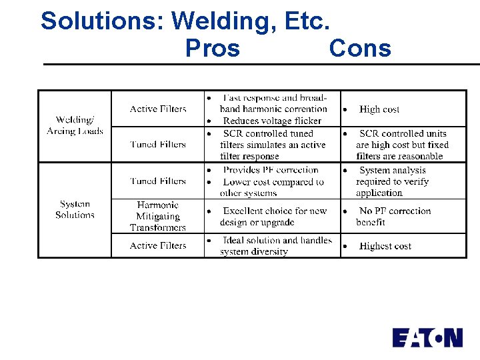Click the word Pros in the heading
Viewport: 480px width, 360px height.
212,48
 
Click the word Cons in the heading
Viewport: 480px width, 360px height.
360,48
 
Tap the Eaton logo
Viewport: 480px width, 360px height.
427,337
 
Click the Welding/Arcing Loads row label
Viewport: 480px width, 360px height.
75,125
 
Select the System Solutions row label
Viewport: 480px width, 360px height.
75,209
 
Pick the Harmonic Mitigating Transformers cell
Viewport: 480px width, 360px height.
158,216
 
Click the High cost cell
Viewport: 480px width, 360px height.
379,109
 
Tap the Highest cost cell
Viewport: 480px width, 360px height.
385,246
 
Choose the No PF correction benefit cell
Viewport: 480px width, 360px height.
393,217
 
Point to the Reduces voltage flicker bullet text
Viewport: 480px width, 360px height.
271,121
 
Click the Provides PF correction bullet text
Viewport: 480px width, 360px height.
271,170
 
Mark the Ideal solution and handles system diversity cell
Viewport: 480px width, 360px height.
275,245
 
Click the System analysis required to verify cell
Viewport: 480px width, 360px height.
392,181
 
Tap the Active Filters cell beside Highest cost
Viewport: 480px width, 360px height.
158,245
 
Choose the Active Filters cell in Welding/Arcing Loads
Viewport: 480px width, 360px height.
158,109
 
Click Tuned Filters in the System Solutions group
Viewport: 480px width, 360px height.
158,181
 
